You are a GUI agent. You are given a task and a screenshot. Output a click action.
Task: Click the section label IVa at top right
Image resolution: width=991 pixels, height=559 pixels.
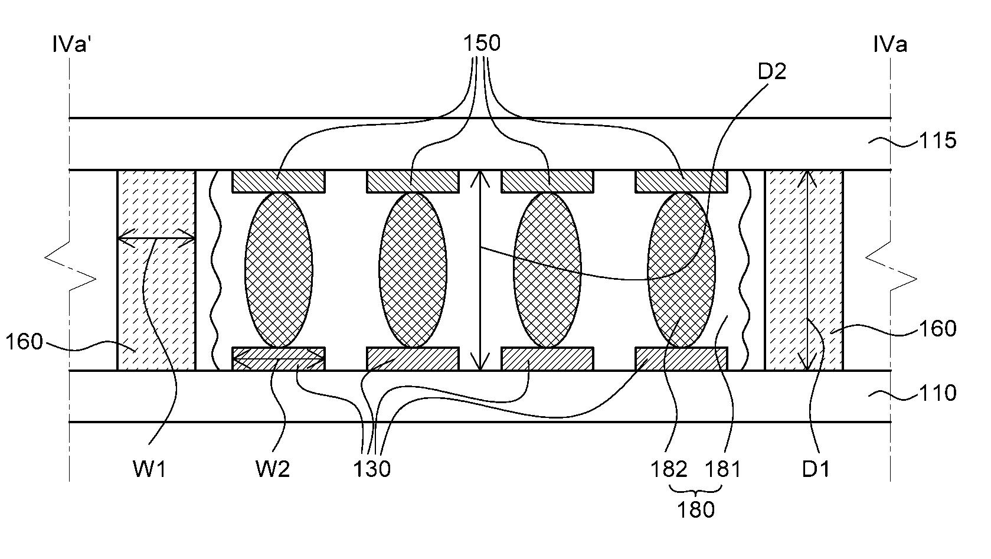[890, 45]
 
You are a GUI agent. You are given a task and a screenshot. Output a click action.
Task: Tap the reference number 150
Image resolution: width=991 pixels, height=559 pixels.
[482, 43]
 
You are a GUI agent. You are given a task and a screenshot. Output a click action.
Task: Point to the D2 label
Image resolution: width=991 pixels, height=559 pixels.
[772, 71]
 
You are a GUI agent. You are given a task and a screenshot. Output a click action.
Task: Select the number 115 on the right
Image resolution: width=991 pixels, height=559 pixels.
[937, 140]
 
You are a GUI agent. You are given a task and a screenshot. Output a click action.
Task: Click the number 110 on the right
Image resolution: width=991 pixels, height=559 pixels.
[937, 393]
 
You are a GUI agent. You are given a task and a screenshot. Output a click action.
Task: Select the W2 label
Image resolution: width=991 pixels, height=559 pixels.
[273, 469]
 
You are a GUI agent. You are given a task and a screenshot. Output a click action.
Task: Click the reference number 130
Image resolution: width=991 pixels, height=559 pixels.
[372, 469]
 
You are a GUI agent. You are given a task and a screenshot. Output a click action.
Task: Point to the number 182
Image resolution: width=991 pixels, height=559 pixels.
[669, 469]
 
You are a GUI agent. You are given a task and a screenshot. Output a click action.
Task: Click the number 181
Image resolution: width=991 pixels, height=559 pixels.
[722, 469]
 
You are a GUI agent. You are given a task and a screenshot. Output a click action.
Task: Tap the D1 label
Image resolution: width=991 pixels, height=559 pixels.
[816, 469]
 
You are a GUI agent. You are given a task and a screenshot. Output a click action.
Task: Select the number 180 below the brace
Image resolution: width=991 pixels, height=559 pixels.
[696, 509]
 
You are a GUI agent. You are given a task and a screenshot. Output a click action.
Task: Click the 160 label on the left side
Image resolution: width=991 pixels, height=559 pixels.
[24, 342]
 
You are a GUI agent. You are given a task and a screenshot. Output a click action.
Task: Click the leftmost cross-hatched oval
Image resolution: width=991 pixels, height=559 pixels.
[279, 270]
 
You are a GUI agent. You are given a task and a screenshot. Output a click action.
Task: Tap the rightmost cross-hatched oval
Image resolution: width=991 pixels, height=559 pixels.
[682, 270]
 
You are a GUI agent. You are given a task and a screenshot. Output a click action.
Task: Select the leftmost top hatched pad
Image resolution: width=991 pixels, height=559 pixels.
[279, 181]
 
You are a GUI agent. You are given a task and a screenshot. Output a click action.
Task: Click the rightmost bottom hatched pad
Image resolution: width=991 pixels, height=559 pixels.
[682, 359]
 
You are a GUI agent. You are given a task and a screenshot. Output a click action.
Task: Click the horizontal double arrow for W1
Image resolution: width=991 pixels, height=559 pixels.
[156, 238]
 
